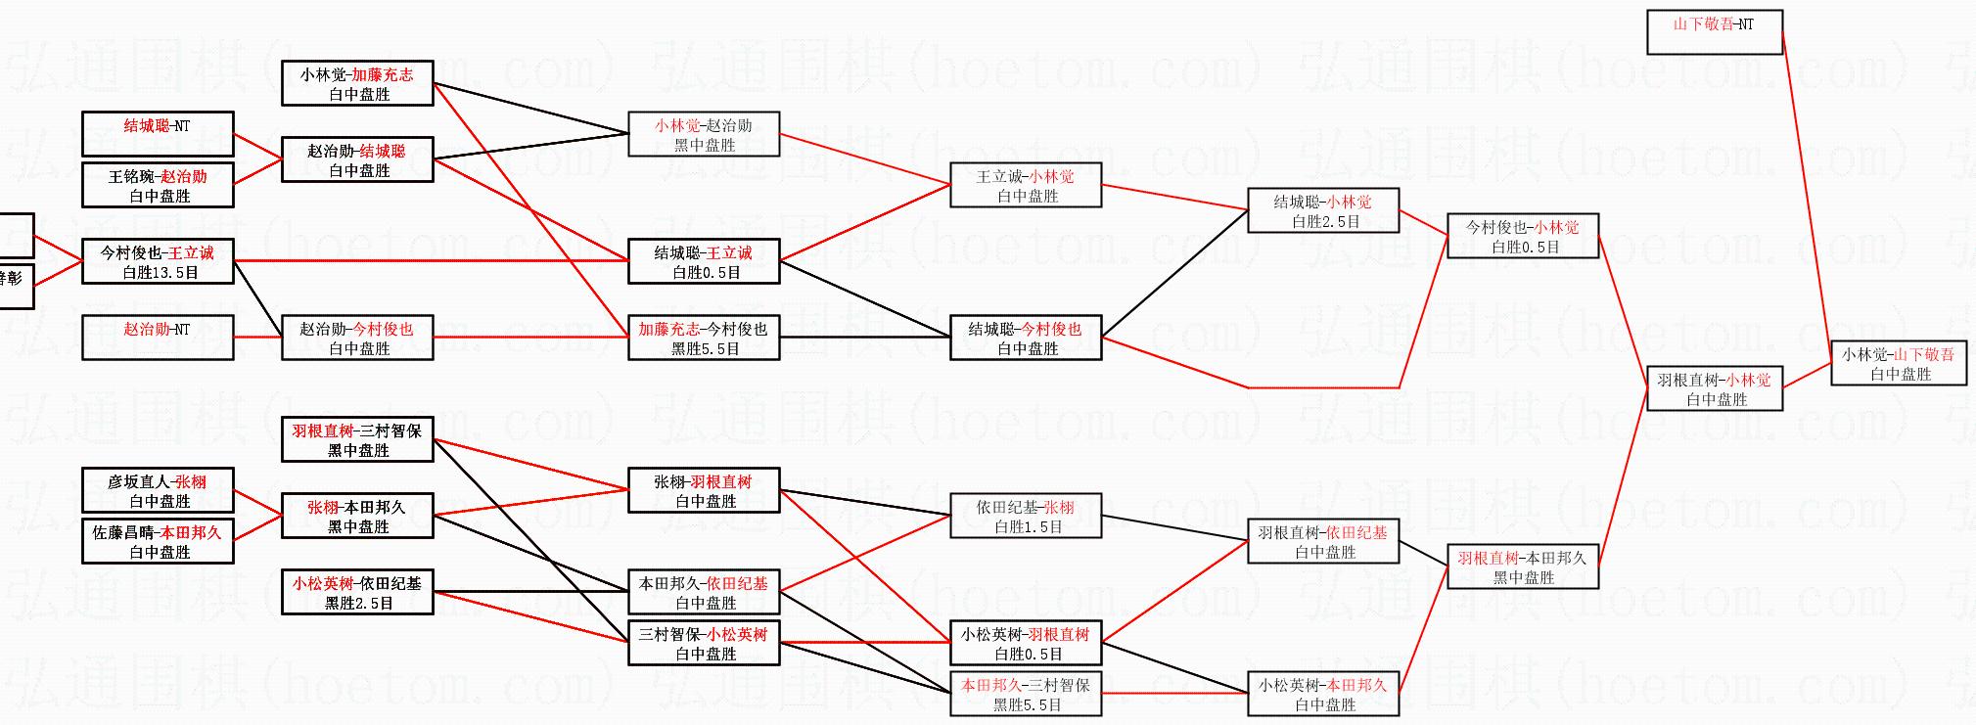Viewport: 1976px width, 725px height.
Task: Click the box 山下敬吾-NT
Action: click(1713, 32)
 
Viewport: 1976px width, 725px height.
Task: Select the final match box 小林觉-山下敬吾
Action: click(1899, 364)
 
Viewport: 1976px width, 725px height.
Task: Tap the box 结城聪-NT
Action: click(158, 134)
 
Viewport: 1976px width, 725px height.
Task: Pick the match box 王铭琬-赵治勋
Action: click(158, 186)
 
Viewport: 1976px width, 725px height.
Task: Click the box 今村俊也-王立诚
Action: click(158, 261)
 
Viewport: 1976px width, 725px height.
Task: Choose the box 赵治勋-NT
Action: click(158, 338)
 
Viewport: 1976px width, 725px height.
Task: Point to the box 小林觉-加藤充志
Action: click(357, 84)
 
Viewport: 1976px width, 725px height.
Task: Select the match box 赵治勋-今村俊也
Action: click(357, 338)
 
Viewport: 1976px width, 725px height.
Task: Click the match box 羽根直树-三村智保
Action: click(357, 440)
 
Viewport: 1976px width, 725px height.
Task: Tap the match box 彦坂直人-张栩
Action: click(158, 491)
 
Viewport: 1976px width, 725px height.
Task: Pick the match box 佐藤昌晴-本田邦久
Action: click(158, 542)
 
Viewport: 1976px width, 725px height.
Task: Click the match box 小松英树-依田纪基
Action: click(357, 593)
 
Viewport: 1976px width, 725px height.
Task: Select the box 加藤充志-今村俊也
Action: click(704, 338)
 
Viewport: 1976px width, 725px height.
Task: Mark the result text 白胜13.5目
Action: click(161, 273)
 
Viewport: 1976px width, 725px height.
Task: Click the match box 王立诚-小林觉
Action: click(1026, 186)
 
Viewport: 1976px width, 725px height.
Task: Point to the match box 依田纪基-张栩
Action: click(1026, 517)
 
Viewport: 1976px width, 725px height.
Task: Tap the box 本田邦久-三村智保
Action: click(1026, 695)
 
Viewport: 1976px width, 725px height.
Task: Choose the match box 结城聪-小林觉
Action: click(1323, 210)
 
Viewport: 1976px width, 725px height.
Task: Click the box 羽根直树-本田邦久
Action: click(1522, 567)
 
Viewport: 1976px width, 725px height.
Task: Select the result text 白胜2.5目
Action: click(1326, 222)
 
